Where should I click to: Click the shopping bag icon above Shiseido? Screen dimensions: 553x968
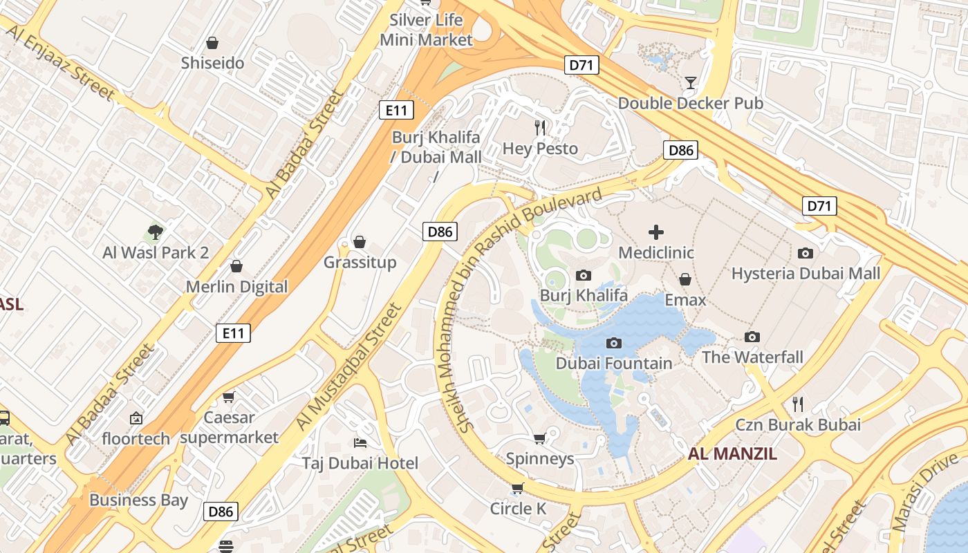[212, 43]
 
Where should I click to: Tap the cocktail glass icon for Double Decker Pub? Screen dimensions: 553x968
[690, 83]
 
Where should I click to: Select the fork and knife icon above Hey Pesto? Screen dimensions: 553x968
[540, 128]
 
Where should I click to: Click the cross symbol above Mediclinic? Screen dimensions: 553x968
[655, 232]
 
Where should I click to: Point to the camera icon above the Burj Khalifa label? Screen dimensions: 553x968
[583, 276]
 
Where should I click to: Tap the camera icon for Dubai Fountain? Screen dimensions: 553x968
[613, 343]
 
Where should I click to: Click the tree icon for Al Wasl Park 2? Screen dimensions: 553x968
[156, 232]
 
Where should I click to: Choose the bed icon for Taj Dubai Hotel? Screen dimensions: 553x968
[360, 442]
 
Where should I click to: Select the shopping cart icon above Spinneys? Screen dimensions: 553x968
[540, 438]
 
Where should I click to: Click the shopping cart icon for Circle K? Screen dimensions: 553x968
[517, 489]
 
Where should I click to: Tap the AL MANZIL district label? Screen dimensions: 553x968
[732, 454]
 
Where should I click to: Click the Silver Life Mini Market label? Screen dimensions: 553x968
[426, 30]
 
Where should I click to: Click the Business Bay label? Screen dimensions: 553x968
[138, 500]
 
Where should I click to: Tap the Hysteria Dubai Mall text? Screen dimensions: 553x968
[806, 274]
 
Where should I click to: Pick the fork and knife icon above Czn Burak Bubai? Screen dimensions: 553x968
[798, 404]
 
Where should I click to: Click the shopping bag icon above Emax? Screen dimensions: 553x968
[685, 279]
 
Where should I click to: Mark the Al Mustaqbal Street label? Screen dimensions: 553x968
[348, 366]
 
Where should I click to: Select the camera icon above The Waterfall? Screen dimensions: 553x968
[752, 337]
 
